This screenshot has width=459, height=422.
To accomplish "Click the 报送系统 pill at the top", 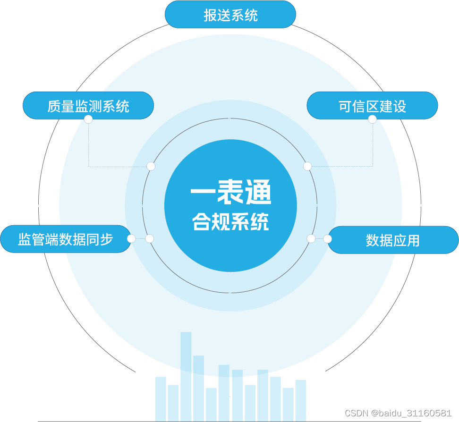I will (x=230, y=15).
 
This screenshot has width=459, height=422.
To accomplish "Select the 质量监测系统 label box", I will (x=88, y=106).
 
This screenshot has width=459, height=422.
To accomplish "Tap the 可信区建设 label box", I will (x=372, y=106).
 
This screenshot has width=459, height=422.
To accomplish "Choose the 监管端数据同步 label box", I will (x=66, y=239).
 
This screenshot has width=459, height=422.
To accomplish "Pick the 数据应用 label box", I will (x=393, y=240).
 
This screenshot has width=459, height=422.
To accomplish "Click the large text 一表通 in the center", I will (x=231, y=194).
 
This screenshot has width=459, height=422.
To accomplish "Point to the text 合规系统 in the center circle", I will (x=231, y=221).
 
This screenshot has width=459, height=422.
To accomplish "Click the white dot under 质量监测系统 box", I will (x=88, y=119).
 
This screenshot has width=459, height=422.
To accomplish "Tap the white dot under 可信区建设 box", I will (x=372, y=119).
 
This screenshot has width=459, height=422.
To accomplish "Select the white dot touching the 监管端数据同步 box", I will (x=131, y=239).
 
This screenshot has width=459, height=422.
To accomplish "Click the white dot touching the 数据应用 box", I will (x=327, y=239).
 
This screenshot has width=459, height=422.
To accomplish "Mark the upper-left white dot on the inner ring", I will (x=151, y=166).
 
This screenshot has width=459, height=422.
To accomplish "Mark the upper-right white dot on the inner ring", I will (x=307, y=166).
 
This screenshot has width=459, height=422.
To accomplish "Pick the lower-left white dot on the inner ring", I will (x=150, y=239).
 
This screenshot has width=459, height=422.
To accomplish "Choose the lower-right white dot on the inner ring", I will (x=311, y=239).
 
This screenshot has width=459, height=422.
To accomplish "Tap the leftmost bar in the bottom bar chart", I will (x=161, y=397).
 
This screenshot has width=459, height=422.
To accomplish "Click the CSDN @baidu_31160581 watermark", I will (x=398, y=413).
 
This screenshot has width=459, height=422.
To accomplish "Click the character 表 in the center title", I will (x=231, y=194).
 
